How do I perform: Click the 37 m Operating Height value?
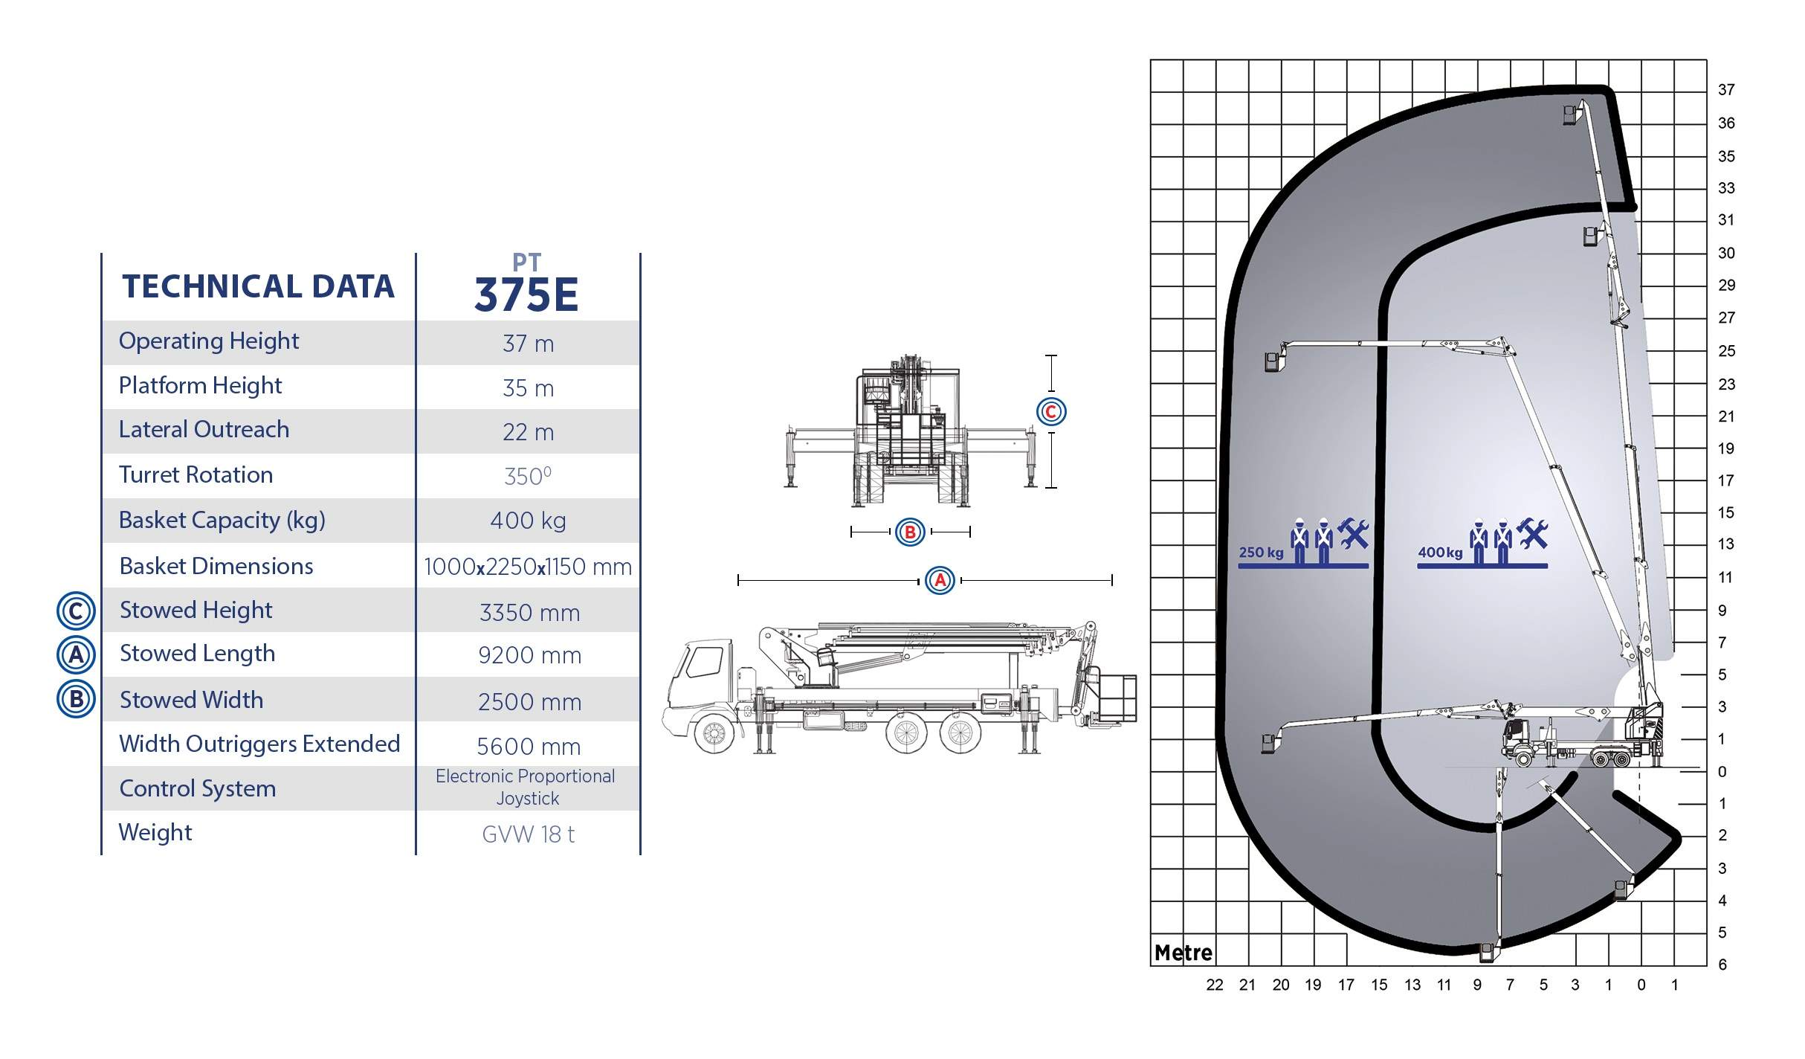click(x=528, y=344)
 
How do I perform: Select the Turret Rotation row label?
click(x=196, y=474)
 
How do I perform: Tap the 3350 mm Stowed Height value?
click(x=529, y=613)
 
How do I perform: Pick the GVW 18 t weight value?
click(x=528, y=834)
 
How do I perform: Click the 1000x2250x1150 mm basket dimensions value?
click(x=528, y=567)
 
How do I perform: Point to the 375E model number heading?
click(x=526, y=294)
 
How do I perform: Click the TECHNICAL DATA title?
click(x=258, y=286)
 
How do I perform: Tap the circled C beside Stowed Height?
click(x=76, y=611)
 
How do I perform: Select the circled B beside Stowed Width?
click(x=76, y=699)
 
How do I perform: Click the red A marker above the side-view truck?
click(x=940, y=580)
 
